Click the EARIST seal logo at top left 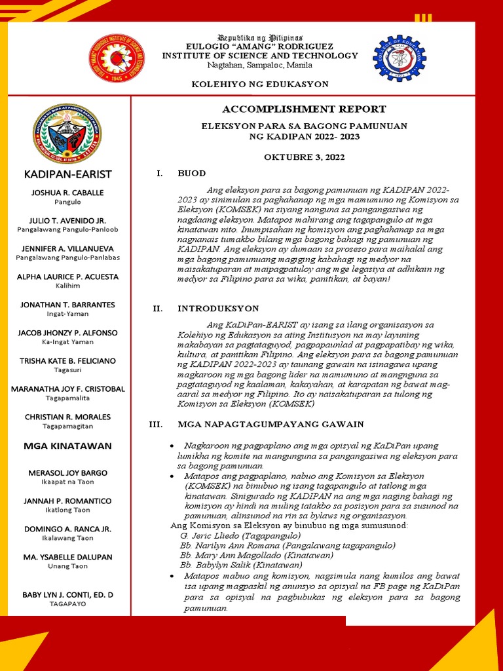tap(117, 58)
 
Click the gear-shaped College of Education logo tap(399, 58)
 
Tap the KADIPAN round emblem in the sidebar tap(67, 134)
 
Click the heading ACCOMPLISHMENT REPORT tap(304, 109)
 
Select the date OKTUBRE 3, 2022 tap(304, 157)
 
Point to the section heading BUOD tap(191, 174)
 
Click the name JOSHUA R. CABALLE tap(67, 193)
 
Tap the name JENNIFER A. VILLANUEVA tap(67, 248)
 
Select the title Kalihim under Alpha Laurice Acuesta tap(67, 286)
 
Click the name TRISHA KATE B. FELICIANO tap(67, 361)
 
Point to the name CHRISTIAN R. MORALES tap(67, 417)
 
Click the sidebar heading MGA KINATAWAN tap(67, 446)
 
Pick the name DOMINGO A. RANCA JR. tap(67, 529)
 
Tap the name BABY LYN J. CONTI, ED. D tap(67, 594)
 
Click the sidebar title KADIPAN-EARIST tap(67, 174)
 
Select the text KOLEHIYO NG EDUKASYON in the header tap(259, 85)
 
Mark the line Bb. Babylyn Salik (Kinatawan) tap(240, 565)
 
